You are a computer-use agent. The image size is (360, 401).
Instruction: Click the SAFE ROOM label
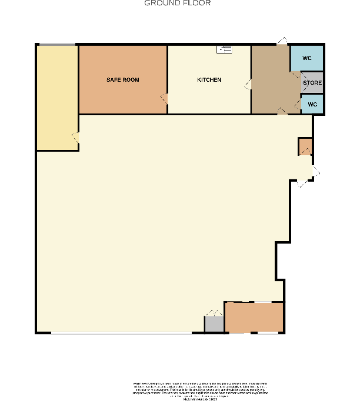122,79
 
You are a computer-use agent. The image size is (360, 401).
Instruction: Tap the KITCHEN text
209,79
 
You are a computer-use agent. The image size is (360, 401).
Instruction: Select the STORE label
312,83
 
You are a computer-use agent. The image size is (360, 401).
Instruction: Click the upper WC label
307,58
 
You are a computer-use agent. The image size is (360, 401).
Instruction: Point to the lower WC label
312,104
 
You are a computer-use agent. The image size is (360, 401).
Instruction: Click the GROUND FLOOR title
178,4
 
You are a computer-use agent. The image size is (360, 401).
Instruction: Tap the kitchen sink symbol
225,50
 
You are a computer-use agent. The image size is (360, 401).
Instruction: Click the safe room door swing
165,99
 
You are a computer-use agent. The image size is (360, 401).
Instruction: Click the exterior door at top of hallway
282,41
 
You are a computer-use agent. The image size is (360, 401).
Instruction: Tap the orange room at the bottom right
254,318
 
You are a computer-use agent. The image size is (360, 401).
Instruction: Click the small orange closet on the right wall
305,146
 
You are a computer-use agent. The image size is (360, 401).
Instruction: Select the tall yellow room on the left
57,97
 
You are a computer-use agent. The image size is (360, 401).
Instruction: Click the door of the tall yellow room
75,138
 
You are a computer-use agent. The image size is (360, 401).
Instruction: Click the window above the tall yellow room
57,44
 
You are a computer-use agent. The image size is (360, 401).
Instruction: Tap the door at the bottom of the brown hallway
282,111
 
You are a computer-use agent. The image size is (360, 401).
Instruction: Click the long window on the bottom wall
121,333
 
